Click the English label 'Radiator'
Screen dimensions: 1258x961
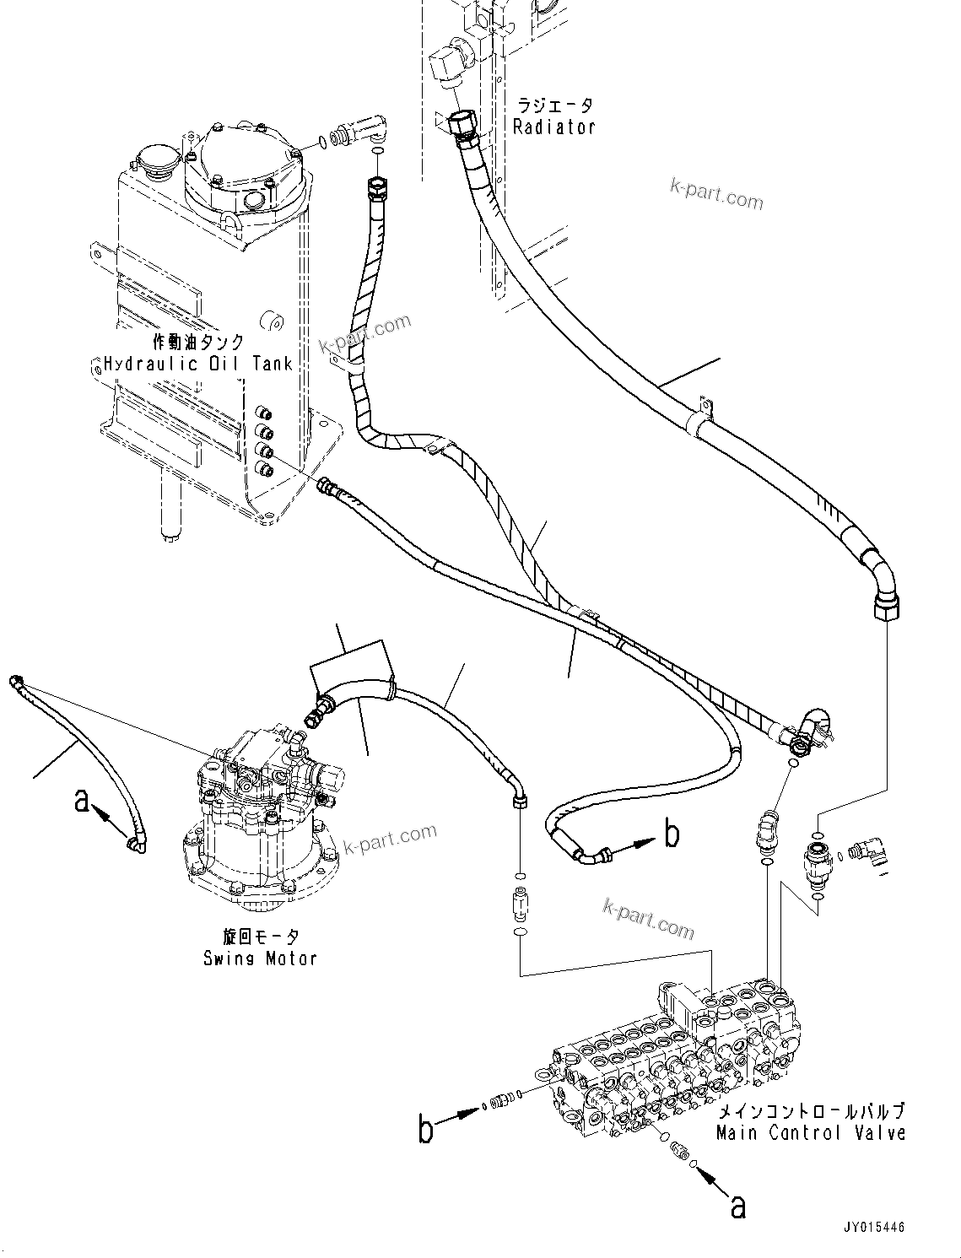coord(554,127)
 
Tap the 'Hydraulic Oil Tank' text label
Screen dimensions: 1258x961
coord(198,364)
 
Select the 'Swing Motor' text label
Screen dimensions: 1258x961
coord(260,958)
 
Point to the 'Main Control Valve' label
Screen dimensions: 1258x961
coord(811,1133)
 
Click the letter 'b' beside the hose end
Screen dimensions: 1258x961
coord(672,834)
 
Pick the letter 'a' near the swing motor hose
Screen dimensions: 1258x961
coord(82,799)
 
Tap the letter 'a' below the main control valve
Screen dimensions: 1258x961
coord(737,1208)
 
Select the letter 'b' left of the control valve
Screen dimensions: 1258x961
coord(427,1128)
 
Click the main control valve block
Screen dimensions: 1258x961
coord(675,1055)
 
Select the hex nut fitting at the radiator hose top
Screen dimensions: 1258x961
coord(463,125)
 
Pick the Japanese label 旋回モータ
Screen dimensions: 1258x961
coord(260,937)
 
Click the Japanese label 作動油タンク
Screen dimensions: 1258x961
coord(198,342)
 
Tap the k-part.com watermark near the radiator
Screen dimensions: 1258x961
coord(716,195)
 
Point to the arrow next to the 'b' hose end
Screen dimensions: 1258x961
coord(637,845)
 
